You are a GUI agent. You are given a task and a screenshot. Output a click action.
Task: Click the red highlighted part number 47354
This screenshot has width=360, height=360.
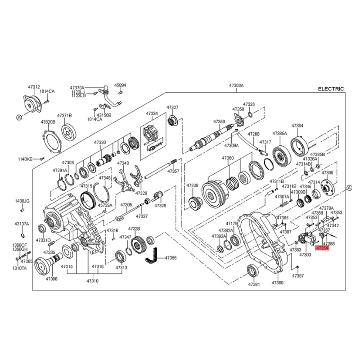click(324, 248)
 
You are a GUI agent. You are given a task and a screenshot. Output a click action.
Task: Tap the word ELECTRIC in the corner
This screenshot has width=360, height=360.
click(331, 89)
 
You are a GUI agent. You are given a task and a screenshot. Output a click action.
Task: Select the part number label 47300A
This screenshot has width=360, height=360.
click(236, 85)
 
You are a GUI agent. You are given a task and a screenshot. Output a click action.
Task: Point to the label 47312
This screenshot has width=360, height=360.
click(34, 86)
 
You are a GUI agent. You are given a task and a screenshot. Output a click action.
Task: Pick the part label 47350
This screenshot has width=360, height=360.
click(219, 121)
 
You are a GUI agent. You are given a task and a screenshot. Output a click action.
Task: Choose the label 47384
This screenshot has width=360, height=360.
click(297, 126)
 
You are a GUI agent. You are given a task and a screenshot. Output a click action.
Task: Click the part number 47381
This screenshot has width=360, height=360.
click(254, 284)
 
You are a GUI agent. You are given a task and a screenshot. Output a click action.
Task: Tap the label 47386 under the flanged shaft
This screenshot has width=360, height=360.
click(51, 279)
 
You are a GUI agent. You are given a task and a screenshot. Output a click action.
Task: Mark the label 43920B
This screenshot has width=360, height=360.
click(48, 122)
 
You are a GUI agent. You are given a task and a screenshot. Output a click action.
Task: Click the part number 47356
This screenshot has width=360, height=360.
click(171, 258)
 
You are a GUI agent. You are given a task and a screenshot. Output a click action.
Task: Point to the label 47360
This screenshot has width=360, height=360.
click(228, 158)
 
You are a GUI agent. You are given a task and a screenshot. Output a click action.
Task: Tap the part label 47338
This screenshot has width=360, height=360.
click(193, 185)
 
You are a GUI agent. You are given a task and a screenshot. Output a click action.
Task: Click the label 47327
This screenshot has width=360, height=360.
click(172, 108)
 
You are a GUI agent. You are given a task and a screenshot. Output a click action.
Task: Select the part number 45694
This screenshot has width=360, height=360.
click(120, 85)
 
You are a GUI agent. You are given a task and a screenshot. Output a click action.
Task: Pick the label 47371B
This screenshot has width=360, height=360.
click(65, 115)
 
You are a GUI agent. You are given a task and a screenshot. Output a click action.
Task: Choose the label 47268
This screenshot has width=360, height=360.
click(254, 134)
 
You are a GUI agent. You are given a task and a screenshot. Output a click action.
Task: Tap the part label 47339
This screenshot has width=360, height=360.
click(135, 229)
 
